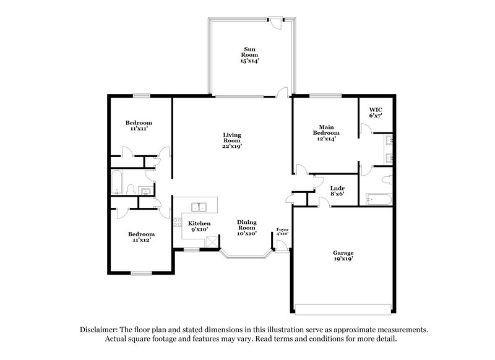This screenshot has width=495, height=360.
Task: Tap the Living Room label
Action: (232, 140)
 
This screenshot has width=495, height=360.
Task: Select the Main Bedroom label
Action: (326, 133)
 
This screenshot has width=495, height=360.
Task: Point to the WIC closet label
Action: (376, 112)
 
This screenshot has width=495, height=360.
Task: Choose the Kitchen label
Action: (199, 226)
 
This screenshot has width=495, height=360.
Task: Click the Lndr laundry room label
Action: (337, 191)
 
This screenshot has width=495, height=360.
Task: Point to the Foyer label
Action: (282, 231)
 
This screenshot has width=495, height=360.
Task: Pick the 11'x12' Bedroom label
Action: (141, 238)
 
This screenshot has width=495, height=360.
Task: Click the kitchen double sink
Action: (199, 207)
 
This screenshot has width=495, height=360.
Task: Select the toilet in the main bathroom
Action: (385, 180)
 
